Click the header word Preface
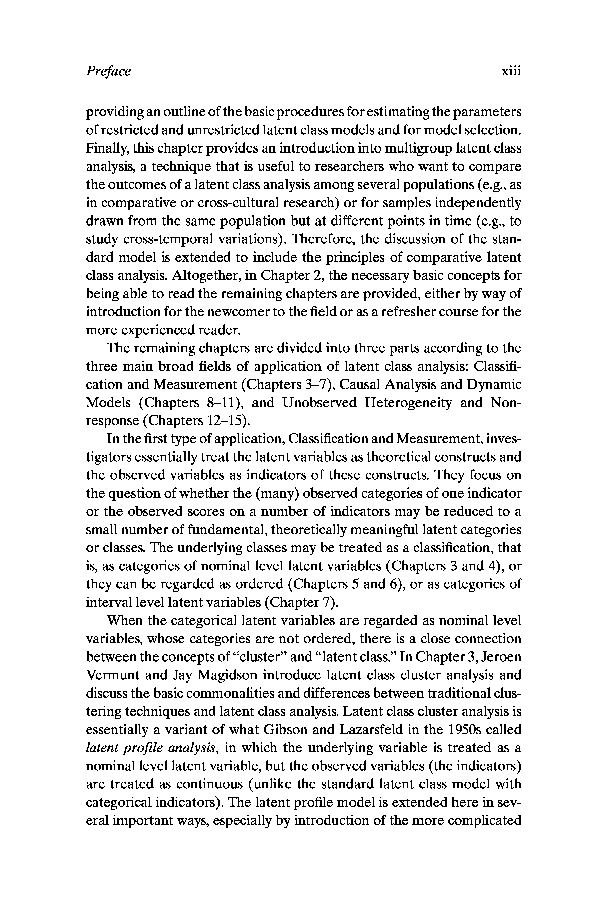click(108, 71)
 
